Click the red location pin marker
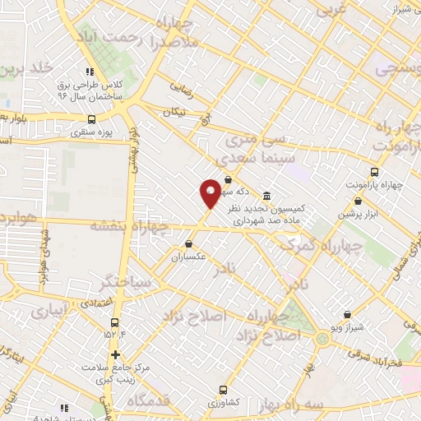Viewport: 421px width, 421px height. pyautogui.click(x=210, y=193)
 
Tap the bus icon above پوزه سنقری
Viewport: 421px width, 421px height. pyautogui.click(x=91, y=118)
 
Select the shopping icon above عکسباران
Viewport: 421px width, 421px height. pyautogui.click(x=190, y=243)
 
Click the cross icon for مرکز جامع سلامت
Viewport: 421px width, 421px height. pyautogui.click(x=115, y=354)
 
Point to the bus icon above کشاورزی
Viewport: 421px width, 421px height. pyautogui.click(x=223, y=390)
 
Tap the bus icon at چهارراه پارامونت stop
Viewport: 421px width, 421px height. pyautogui.click(x=375, y=172)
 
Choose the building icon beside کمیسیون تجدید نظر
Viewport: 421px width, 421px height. pyautogui.click(x=267, y=197)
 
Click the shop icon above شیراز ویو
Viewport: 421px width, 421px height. pyautogui.click(x=348, y=314)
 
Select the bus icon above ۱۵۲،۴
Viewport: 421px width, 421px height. pyautogui.click(x=113, y=322)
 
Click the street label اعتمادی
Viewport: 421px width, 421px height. pyautogui.click(x=97, y=304)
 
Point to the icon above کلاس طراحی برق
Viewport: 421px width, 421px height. pyautogui.click(x=90, y=72)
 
